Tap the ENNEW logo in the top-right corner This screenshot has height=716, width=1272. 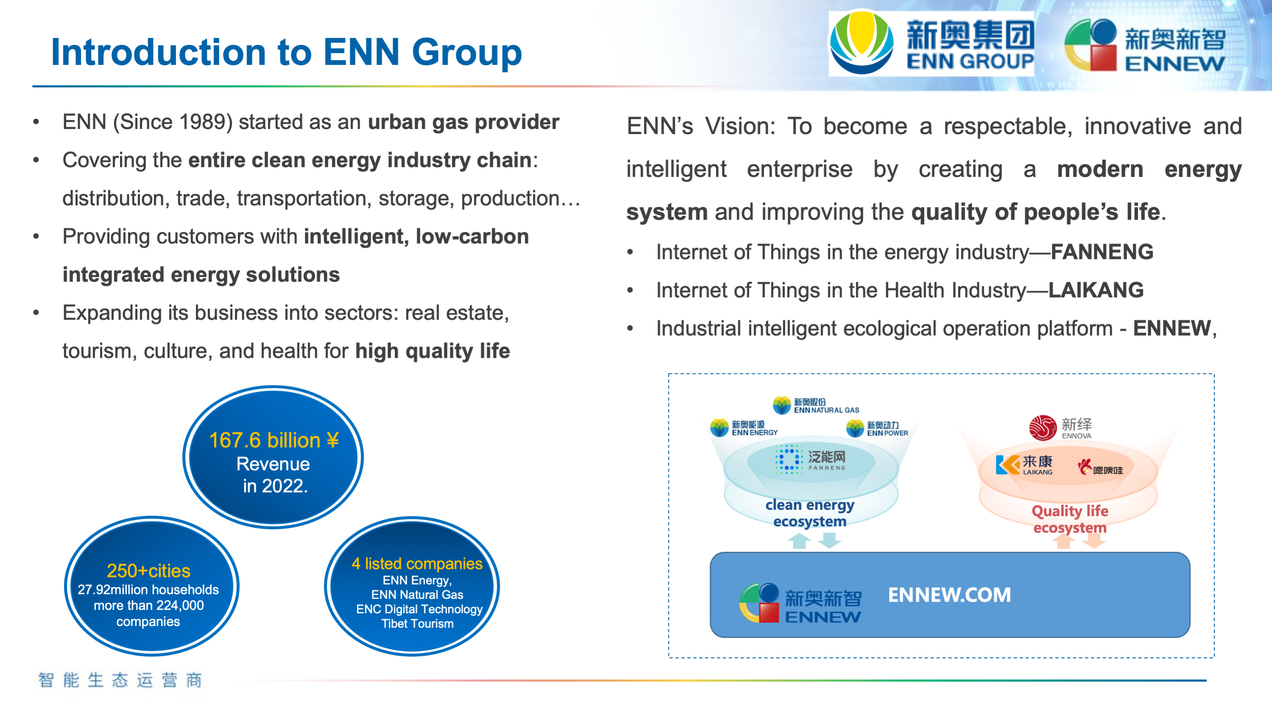(x=1145, y=46)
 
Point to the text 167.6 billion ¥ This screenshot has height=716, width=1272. (x=274, y=440)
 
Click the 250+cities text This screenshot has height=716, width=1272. (x=148, y=571)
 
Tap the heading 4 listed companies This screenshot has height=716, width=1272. (x=417, y=563)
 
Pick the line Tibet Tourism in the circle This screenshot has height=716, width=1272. (x=417, y=623)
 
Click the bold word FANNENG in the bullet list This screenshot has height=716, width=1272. (x=1101, y=252)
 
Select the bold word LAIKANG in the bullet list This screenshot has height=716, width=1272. (x=1096, y=290)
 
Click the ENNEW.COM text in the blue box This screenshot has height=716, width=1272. (x=949, y=595)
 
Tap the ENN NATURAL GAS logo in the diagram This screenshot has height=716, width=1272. (x=816, y=405)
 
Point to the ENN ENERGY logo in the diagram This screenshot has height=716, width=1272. (x=744, y=427)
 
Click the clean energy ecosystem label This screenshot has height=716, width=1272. (x=810, y=513)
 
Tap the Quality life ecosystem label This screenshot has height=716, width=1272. (x=1070, y=519)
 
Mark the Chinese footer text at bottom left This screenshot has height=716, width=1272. (x=120, y=680)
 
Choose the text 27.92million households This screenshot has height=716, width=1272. (x=148, y=590)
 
